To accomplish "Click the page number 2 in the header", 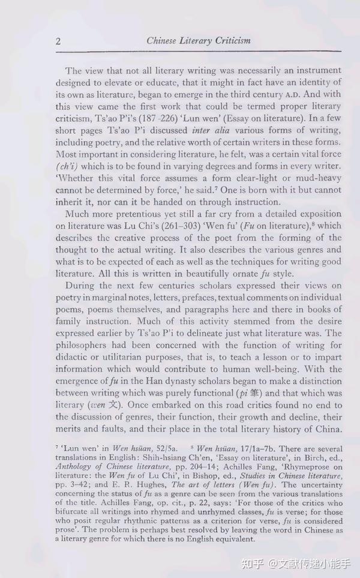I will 58,41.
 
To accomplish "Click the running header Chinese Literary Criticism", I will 198,41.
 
